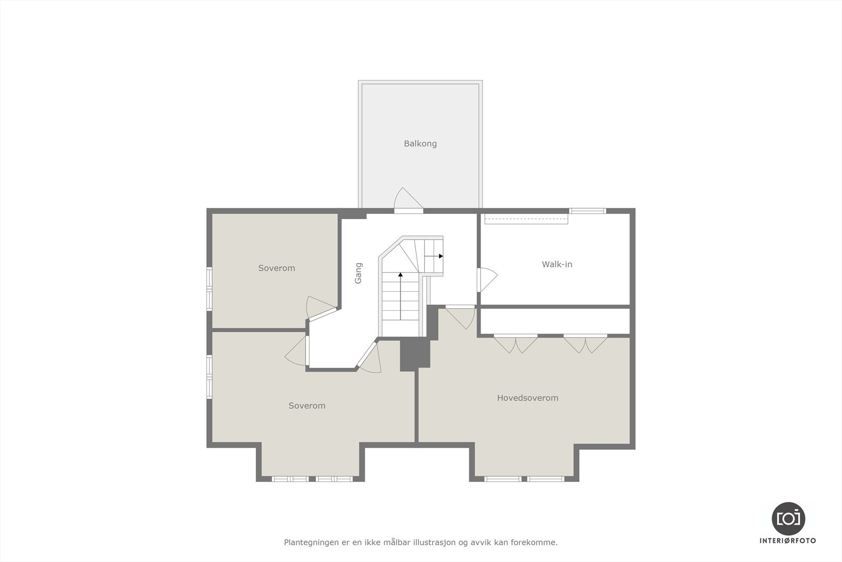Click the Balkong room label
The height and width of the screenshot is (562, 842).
coord(420,143)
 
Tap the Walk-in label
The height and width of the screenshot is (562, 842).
coord(557,264)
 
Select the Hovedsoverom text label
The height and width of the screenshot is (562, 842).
coord(527,398)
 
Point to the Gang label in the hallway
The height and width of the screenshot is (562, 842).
coord(358,273)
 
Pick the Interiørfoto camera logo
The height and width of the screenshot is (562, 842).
coord(788,518)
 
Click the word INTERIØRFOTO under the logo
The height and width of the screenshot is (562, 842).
coord(788,541)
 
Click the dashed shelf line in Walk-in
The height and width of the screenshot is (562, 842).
coord(526,219)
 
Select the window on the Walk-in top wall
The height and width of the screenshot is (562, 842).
coord(588,211)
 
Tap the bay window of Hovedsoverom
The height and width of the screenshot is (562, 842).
coord(524,479)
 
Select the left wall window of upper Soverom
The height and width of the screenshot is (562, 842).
coord(209,288)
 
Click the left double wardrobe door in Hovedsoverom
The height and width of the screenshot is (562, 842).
coord(516,344)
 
